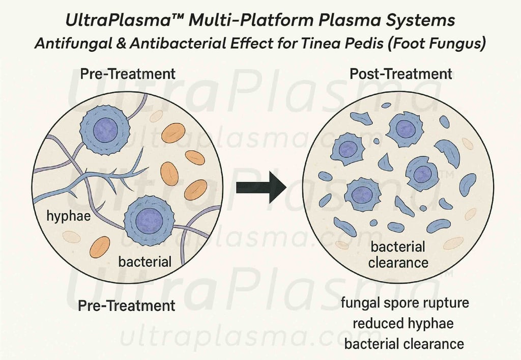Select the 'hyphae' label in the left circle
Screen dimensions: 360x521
coord(68,216)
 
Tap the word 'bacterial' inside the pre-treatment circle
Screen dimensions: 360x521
coord(144,262)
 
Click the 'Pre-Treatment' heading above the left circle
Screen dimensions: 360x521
coord(128,73)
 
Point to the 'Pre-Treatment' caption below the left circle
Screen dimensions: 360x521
coord(126,306)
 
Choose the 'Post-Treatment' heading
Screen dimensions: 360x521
coord(400,73)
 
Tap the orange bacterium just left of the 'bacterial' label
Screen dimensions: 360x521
coord(100,247)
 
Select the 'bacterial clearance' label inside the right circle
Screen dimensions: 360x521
coord(398,255)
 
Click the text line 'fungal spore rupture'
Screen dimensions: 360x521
coord(404,303)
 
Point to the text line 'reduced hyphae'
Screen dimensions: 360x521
coord(404,323)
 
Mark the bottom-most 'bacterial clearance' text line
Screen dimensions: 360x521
coord(404,344)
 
